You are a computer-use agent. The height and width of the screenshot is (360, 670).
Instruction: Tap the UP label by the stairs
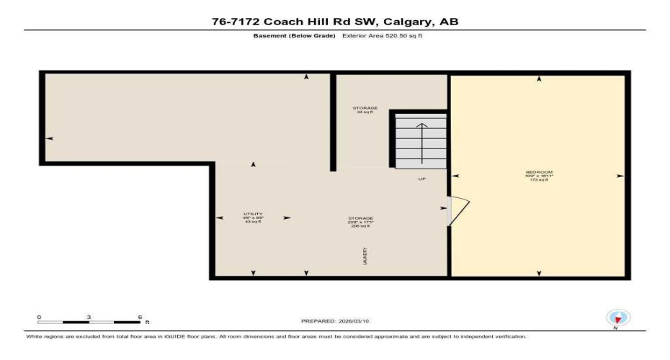422,179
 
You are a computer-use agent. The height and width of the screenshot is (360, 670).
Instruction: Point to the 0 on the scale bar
39,317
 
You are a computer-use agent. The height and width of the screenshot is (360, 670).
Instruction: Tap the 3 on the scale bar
89,317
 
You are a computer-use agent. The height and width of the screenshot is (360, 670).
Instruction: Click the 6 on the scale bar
140,317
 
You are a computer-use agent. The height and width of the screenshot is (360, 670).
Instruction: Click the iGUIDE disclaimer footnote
277,336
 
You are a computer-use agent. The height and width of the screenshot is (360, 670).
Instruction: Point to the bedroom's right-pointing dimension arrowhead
620,176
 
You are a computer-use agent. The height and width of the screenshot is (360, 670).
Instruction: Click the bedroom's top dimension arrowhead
539,79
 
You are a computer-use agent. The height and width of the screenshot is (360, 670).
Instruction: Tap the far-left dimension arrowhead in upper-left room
49,138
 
